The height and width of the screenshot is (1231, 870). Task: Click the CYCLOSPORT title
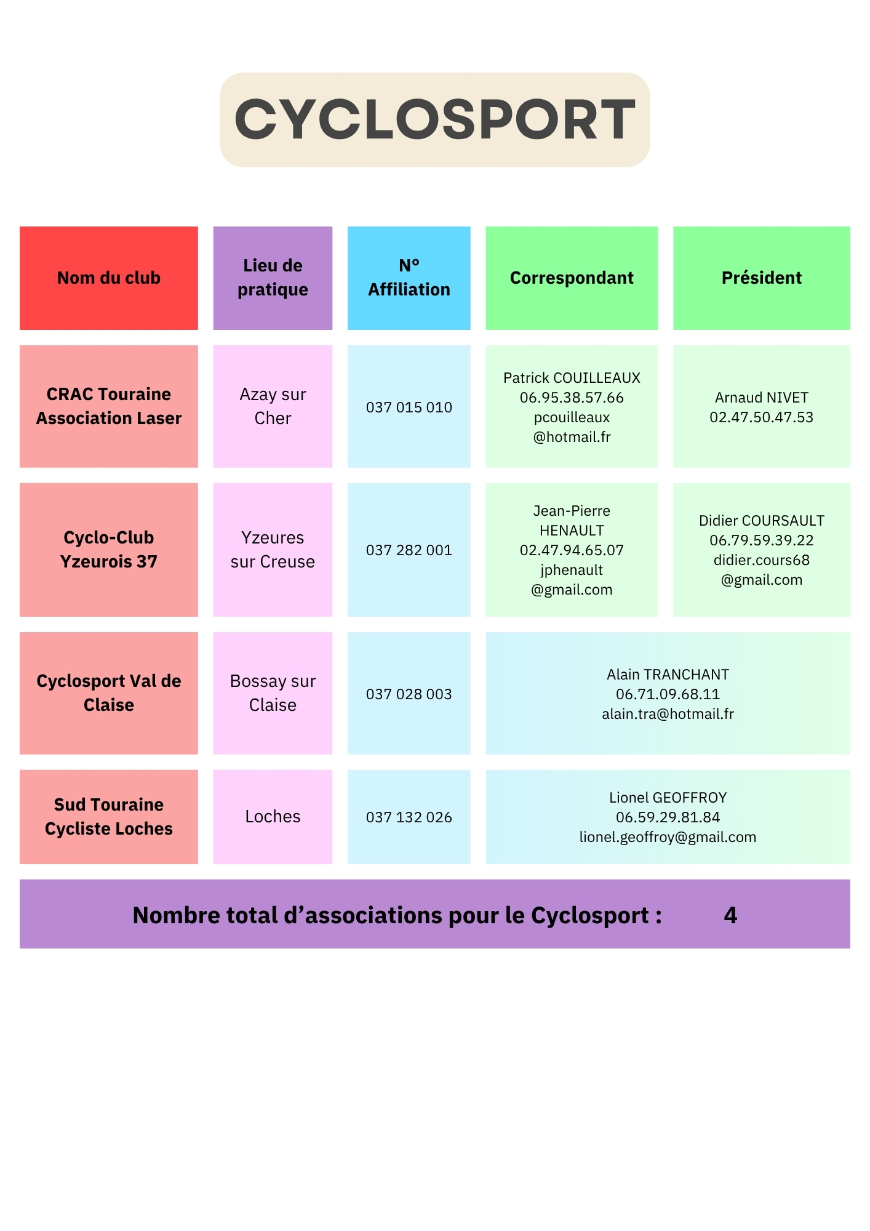(x=434, y=119)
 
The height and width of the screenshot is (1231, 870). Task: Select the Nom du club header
(x=109, y=278)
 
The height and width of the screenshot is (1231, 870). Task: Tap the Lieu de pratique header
(x=273, y=278)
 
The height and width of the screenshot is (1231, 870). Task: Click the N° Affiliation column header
(x=409, y=278)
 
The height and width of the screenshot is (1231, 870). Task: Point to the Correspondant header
(x=572, y=278)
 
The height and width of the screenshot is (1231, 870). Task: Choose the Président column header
(x=761, y=278)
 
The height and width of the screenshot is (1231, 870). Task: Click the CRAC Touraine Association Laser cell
(x=109, y=406)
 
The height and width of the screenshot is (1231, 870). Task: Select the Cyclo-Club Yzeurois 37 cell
(x=109, y=550)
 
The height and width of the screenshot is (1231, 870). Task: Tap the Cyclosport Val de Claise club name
(x=109, y=693)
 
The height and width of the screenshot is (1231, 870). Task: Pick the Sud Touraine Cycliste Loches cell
(x=109, y=817)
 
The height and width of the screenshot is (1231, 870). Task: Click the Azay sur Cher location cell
(x=273, y=406)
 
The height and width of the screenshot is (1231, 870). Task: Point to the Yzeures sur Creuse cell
(x=273, y=550)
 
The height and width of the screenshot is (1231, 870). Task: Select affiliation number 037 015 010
(x=409, y=407)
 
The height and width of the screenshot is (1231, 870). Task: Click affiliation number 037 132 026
(x=409, y=817)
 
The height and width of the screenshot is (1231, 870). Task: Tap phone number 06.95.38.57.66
(x=572, y=398)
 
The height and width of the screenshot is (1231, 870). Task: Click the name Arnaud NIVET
(x=761, y=398)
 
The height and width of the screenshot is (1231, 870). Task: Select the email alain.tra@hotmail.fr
(x=668, y=714)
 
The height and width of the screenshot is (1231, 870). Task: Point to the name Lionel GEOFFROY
(x=668, y=798)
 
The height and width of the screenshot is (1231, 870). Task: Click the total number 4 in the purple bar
(x=730, y=915)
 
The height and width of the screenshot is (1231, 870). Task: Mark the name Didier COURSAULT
(x=761, y=521)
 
